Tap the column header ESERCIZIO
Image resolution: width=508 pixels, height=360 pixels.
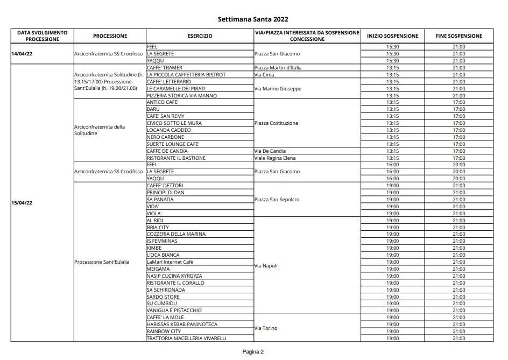(200, 36)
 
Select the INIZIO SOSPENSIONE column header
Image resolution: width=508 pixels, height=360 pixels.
(392, 36)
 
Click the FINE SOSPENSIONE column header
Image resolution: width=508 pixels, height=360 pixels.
(459, 36)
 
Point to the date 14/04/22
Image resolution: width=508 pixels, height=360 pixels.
(22, 54)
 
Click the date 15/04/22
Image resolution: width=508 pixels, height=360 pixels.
(22, 203)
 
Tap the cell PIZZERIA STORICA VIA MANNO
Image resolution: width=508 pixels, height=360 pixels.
(181, 95)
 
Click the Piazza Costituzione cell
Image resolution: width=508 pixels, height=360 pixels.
(276, 123)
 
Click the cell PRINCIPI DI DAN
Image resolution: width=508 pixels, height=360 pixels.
(165, 193)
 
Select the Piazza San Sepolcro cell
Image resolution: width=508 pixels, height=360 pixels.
(277, 200)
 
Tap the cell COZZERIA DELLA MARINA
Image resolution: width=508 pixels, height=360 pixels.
(176, 234)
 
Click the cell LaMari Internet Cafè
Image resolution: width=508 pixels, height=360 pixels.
(170, 262)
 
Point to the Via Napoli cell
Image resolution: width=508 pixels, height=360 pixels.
(266, 265)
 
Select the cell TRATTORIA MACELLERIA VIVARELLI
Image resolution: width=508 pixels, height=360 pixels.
(186, 338)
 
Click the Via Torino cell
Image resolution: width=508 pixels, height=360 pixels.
(266, 328)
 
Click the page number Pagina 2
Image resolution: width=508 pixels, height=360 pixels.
(252, 352)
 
